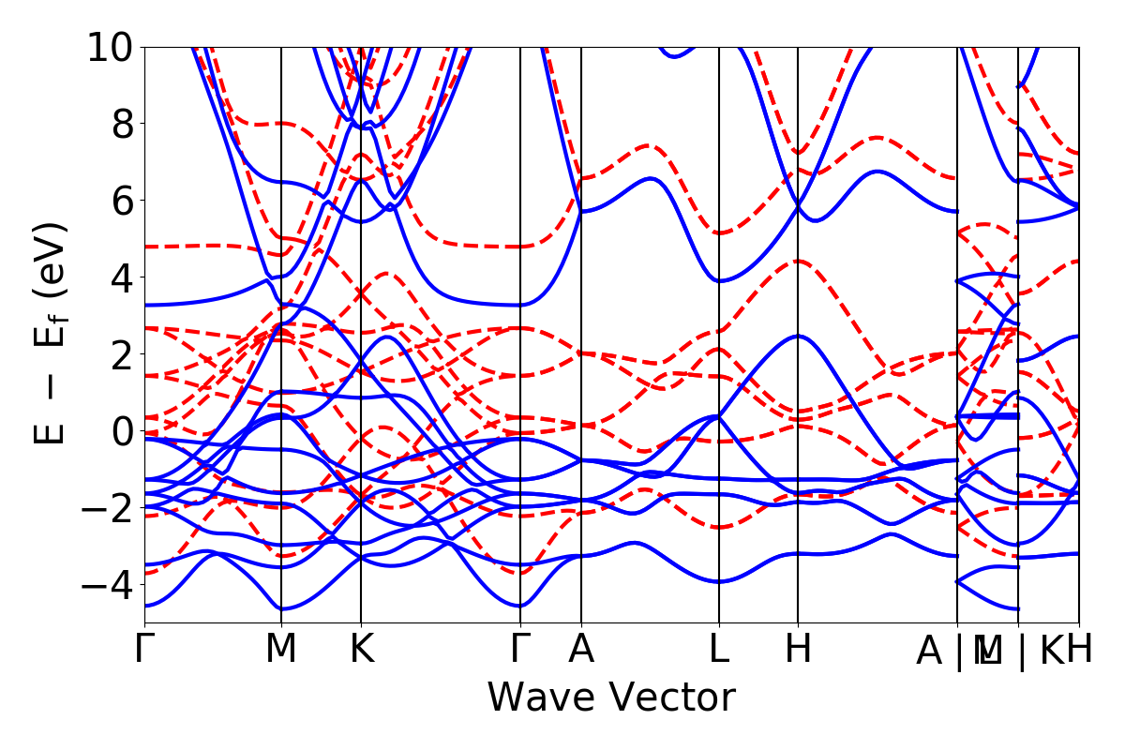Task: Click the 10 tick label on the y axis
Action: pos(112,47)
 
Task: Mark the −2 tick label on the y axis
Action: pos(106,508)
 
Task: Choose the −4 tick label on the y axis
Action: pos(106,585)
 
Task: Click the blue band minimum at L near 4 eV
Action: pos(719,281)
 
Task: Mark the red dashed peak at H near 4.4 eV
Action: pos(798,261)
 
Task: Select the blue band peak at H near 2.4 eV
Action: pos(798,336)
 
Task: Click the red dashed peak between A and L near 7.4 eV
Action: pos(649,145)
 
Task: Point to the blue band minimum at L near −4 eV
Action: pos(719,581)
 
